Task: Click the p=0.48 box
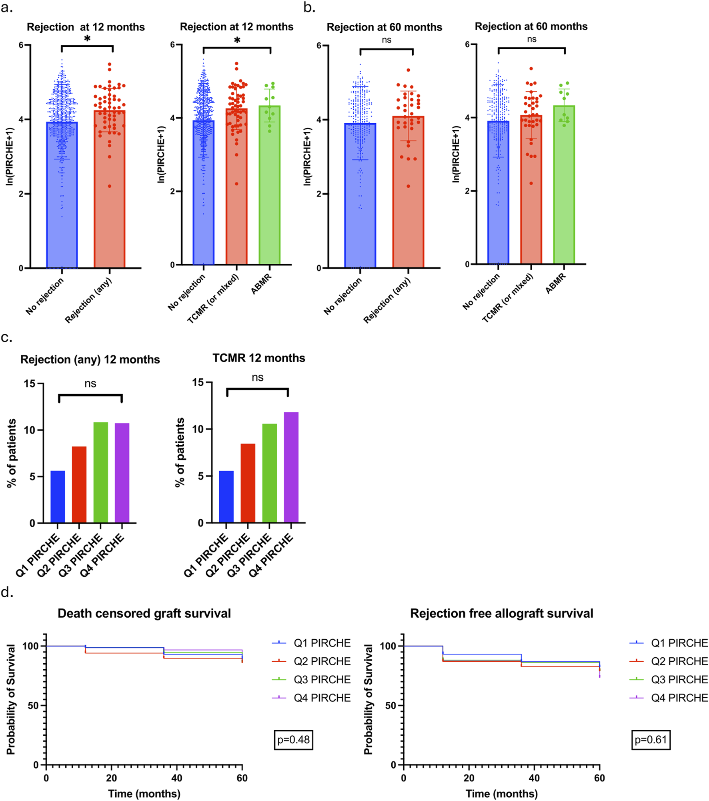coord(293,740)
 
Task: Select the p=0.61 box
coord(651,740)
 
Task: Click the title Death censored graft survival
coord(144,614)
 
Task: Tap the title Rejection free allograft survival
coord(501,614)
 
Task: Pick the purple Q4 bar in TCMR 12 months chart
coord(291,467)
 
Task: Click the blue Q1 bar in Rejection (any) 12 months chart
coord(58,497)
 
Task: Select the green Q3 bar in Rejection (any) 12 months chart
coord(100,472)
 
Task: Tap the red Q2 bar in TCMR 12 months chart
coord(248,483)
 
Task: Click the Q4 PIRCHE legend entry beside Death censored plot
coord(322,698)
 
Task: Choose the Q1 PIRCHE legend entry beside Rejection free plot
coord(679,643)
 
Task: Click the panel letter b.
coord(309,7)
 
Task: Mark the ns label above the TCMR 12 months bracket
coord(257,377)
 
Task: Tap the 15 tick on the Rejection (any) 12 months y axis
coord(30,383)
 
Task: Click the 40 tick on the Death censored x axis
coord(176,778)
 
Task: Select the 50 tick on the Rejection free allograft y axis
coord(391,705)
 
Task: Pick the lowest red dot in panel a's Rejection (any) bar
coord(109,186)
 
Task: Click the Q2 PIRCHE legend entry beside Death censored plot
coord(322,661)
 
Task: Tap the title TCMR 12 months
coord(258,358)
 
